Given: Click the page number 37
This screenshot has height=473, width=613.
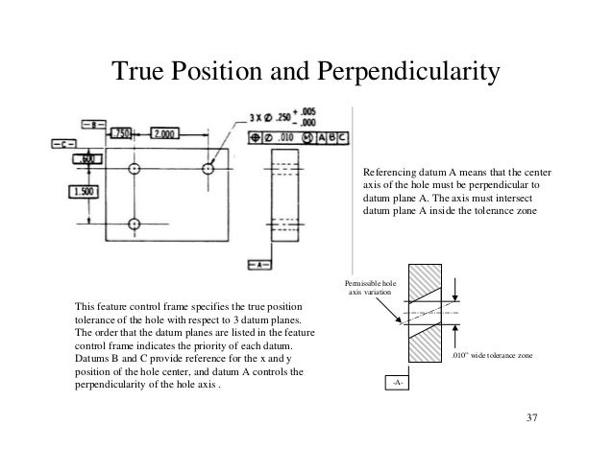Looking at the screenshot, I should point(533,419).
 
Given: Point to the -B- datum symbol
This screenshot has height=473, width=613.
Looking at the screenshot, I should point(95,124).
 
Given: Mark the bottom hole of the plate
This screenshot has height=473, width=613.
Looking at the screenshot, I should point(133,225).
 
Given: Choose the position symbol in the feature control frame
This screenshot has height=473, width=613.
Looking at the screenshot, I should point(255,138).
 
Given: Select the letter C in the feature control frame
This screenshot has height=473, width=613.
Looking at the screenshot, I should point(344,138).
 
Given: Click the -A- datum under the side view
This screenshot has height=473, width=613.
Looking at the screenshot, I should point(259,264).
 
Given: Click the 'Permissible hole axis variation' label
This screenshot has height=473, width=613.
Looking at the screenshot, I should point(366,287).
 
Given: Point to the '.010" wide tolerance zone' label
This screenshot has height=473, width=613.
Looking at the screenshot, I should point(490,355).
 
